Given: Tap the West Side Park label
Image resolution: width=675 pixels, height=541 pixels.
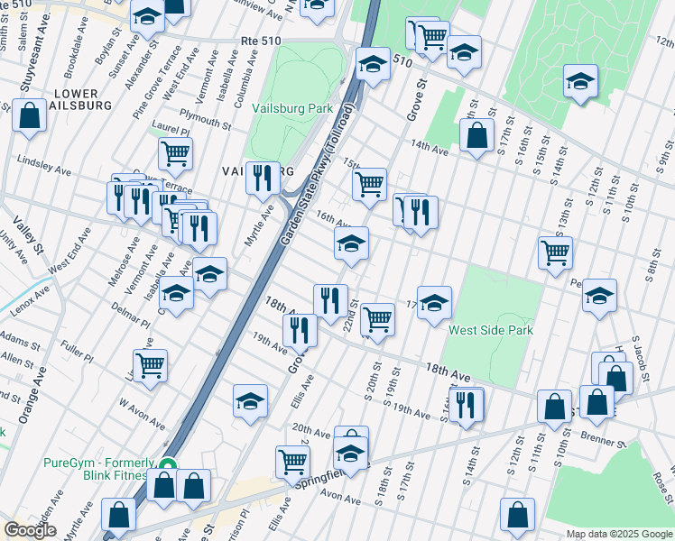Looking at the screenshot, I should click(x=491, y=330).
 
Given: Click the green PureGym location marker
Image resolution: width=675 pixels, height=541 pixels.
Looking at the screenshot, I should click(x=167, y=467).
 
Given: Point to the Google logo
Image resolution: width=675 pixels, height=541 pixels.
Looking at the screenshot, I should click(x=30, y=530).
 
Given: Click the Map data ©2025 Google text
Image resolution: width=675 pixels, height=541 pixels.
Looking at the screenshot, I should click(x=619, y=534).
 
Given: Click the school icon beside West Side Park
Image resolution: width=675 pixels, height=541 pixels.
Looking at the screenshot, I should click(x=434, y=303).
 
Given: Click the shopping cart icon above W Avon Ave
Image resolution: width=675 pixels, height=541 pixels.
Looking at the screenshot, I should click(x=150, y=366).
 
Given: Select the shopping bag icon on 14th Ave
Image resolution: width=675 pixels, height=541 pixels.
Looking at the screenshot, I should click(x=476, y=136).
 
